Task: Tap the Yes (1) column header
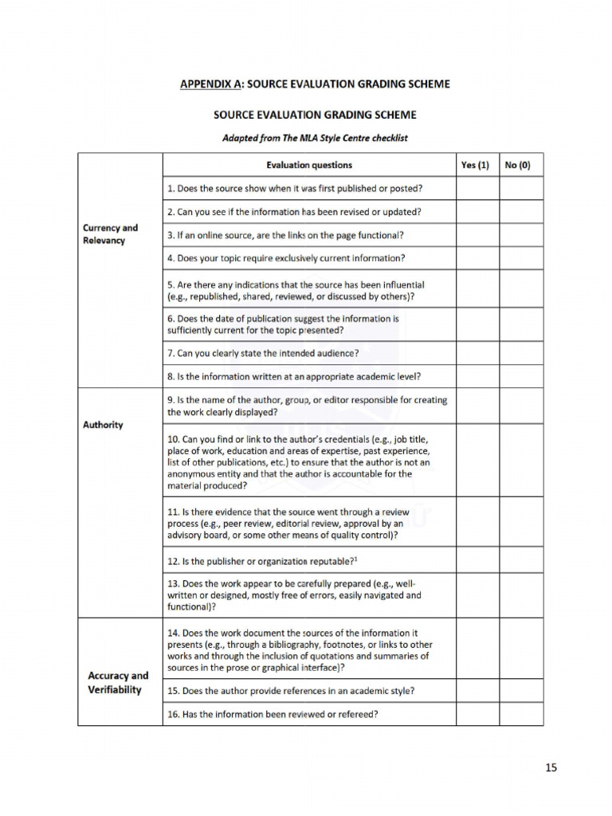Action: (477, 165)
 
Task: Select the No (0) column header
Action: (520, 165)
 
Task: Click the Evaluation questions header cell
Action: (309, 165)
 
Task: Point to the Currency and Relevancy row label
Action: (110, 233)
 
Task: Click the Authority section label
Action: (103, 425)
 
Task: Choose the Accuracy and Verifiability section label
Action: (118, 682)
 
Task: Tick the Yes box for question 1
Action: (477, 189)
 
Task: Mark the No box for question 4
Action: (520, 258)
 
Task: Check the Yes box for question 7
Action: (477, 353)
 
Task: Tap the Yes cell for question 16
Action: (477, 714)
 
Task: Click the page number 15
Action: (551, 767)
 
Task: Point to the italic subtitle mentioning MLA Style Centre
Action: (314, 138)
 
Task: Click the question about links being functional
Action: (285, 235)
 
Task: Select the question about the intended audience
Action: (263, 353)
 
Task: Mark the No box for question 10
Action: (520, 460)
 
